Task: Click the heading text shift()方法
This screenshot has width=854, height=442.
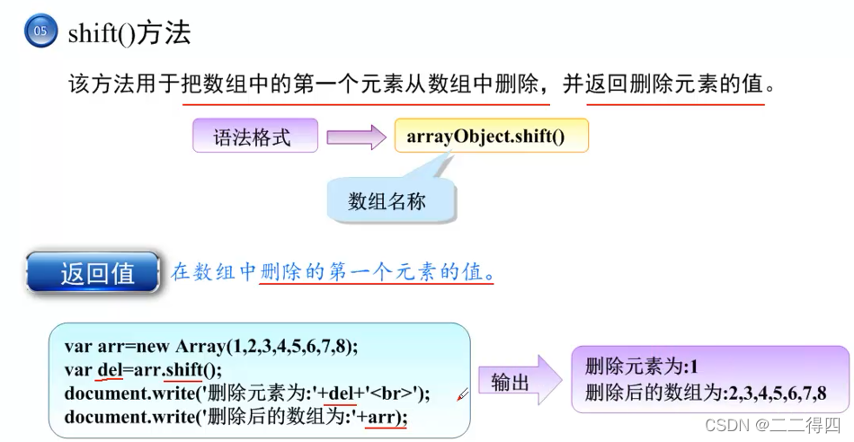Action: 129,34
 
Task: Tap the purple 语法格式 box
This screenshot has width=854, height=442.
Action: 254,137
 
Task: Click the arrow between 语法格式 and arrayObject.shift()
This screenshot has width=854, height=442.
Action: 355,137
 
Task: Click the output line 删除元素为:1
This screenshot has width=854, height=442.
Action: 641,367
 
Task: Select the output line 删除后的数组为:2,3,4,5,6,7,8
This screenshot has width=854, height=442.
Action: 705,393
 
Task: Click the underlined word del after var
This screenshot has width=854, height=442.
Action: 108,369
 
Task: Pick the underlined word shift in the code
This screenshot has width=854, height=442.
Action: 184,369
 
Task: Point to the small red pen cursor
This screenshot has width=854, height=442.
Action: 462,393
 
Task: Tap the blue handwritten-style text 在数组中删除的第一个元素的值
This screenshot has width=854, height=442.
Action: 332,271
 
